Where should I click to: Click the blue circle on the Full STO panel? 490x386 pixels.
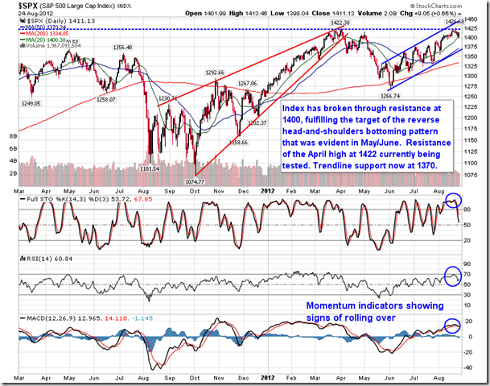[455, 201]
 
